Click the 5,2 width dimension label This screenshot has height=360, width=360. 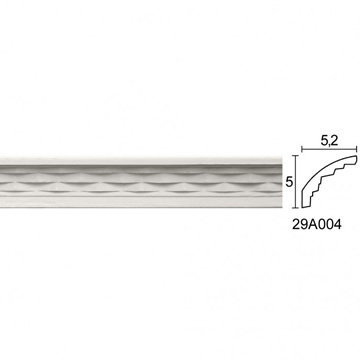[x=330, y=141]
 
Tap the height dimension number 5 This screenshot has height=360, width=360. [x=289, y=182]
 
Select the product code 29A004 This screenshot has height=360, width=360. [x=317, y=225]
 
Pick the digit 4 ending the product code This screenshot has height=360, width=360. [x=337, y=225]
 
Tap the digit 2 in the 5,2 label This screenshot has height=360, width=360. [x=334, y=140]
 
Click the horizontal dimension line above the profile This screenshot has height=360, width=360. [x=329, y=149]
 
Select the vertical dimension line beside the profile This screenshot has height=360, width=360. [x=296, y=181]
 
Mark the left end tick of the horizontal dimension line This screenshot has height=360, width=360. [x=302, y=149]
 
